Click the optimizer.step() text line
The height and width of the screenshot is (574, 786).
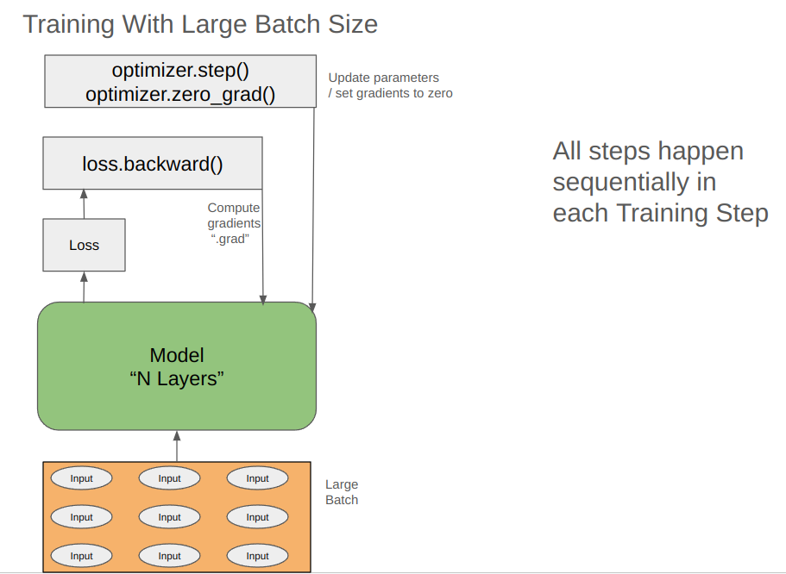180,70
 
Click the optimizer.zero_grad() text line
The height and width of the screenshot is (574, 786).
180,93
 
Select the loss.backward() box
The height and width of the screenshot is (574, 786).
153,163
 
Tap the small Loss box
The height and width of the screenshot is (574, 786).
84,246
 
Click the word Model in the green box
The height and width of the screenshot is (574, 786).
177,355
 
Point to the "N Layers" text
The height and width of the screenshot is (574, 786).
177,378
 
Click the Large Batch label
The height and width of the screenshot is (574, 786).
342,492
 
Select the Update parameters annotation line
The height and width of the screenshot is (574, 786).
383,78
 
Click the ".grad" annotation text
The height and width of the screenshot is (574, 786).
230,239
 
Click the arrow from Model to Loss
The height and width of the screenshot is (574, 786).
84,286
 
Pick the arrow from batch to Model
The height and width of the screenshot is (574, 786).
177,446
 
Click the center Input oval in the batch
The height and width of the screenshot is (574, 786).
170,517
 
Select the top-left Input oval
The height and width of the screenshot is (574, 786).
82,478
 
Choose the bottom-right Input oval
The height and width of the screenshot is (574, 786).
258,556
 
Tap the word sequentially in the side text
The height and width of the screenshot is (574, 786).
615,182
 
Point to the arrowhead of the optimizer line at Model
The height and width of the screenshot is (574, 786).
312,306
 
